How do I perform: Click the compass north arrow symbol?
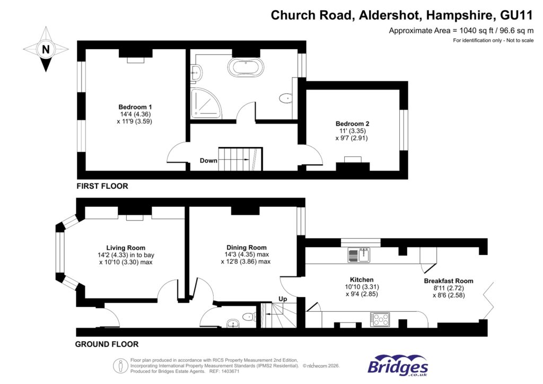point(46,50)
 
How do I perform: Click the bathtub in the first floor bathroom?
point(245,68)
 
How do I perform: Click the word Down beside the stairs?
point(208,160)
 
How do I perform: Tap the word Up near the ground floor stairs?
point(283,299)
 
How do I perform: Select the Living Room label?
point(126,248)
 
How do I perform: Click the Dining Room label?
point(247,247)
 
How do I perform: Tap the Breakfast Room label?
point(449,281)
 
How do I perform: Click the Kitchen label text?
point(362,280)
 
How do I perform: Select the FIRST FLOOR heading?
point(102,187)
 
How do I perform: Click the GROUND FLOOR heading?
point(107,344)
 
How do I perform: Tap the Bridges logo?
point(398,366)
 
